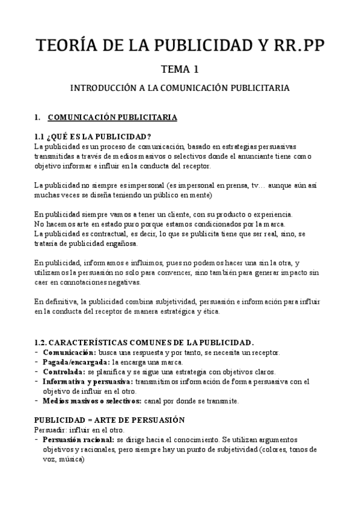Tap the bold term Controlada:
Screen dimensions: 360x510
[x=63, y=372]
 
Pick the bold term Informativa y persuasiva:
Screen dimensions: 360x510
[x=88, y=381]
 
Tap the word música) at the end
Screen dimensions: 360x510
[x=67, y=459]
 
